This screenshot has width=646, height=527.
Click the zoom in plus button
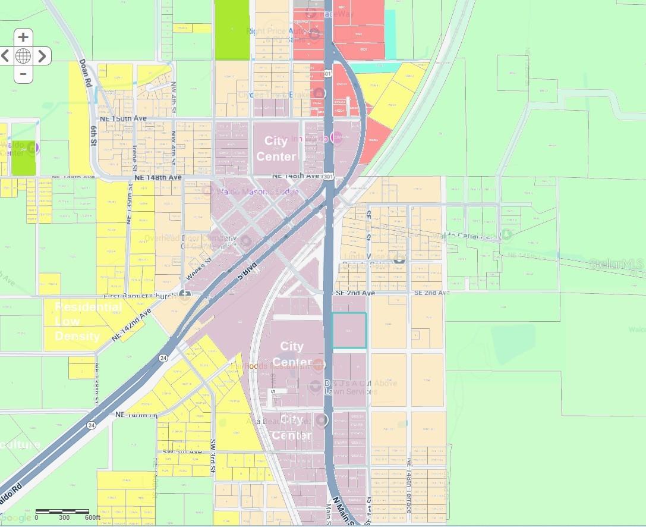coord(23,37)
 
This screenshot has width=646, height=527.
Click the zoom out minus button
coord(23,74)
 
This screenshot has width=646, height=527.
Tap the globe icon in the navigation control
coord(23,56)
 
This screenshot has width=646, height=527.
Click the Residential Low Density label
coord(88,322)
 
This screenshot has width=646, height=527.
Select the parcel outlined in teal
coord(349,330)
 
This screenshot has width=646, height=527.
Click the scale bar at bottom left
coord(62,511)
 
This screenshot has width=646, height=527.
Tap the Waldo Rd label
coord(11,506)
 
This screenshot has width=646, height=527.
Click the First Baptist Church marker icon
coord(185,296)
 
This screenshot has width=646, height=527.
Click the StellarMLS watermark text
coord(617,263)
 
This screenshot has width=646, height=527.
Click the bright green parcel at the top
coord(232,30)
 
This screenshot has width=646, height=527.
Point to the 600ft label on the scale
coord(92,517)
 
